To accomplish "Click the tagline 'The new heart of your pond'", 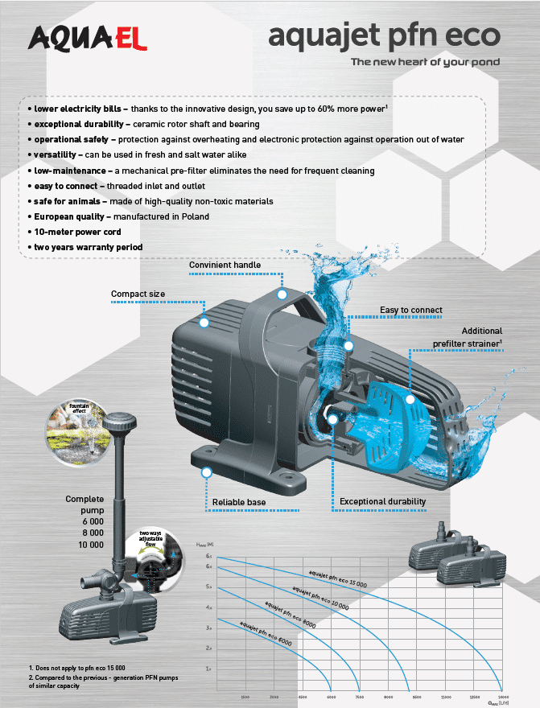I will coord(425,62).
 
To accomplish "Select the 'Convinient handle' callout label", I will coord(225,265).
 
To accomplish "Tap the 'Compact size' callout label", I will coord(138,294).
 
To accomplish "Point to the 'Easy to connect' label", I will coord(411,310).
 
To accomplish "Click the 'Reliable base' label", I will coord(239,503).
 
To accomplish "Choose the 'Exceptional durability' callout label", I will coord(382,502).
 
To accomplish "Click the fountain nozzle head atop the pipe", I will coord(120,421).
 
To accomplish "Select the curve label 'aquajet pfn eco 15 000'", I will coord(337,578).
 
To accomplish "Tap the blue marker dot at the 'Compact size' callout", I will coord(204,323).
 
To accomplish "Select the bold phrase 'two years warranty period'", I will coord(89,246).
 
